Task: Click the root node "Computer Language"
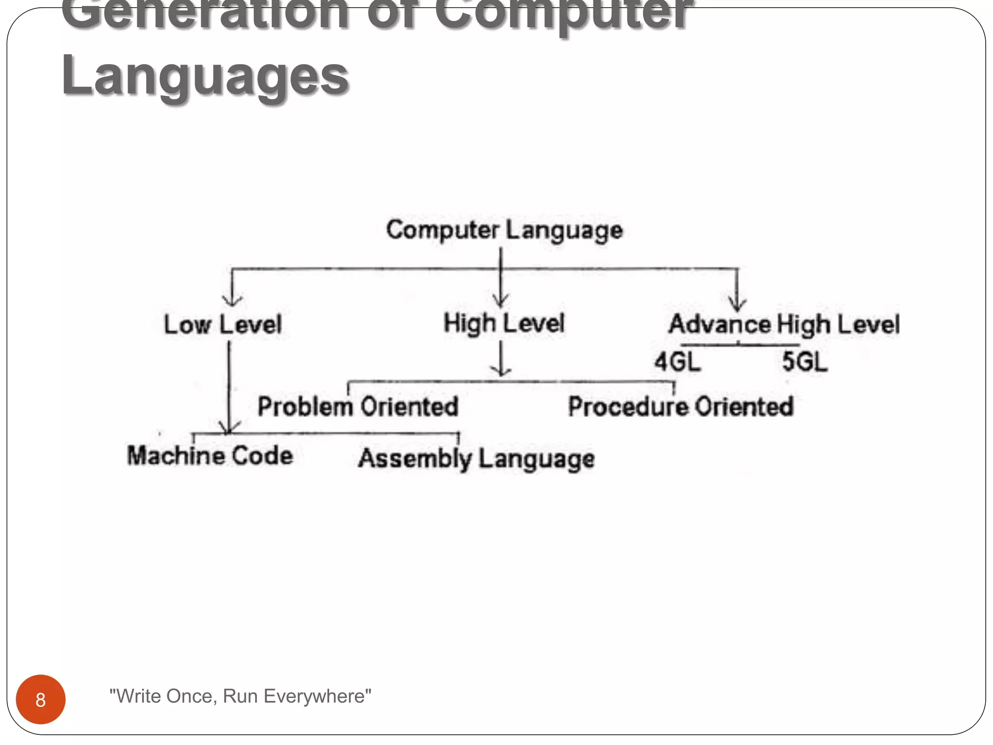tap(504, 230)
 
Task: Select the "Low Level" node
tap(223, 324)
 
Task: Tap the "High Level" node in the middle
tap(504, 324)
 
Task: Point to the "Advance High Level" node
tap(784, 324)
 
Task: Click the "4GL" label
tap(677, 362)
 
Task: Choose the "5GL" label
tap(805, 362)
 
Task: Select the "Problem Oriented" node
tap(358, 406)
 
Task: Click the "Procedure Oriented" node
tap(681, 406)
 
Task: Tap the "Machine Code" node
tap(210, 456)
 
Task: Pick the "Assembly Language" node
tap(476, 459)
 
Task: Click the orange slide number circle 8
tap(41, 699)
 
